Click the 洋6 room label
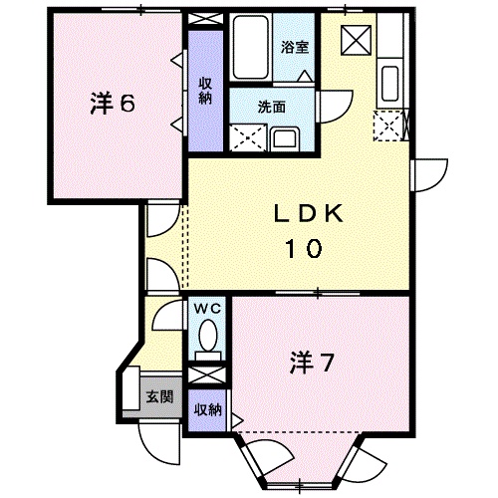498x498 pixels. (x=112, y=104)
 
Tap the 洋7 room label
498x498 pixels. (x=311, y=360)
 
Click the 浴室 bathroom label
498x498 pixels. (x=294, y=47)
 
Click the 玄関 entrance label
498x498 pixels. (x=159, y=395)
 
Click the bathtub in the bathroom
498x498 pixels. (x=252, y=50)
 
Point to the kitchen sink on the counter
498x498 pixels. (x=389, y=82)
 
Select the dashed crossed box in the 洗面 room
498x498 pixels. (x=246, y=136)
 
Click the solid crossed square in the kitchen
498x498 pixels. (x=355, y=40)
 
